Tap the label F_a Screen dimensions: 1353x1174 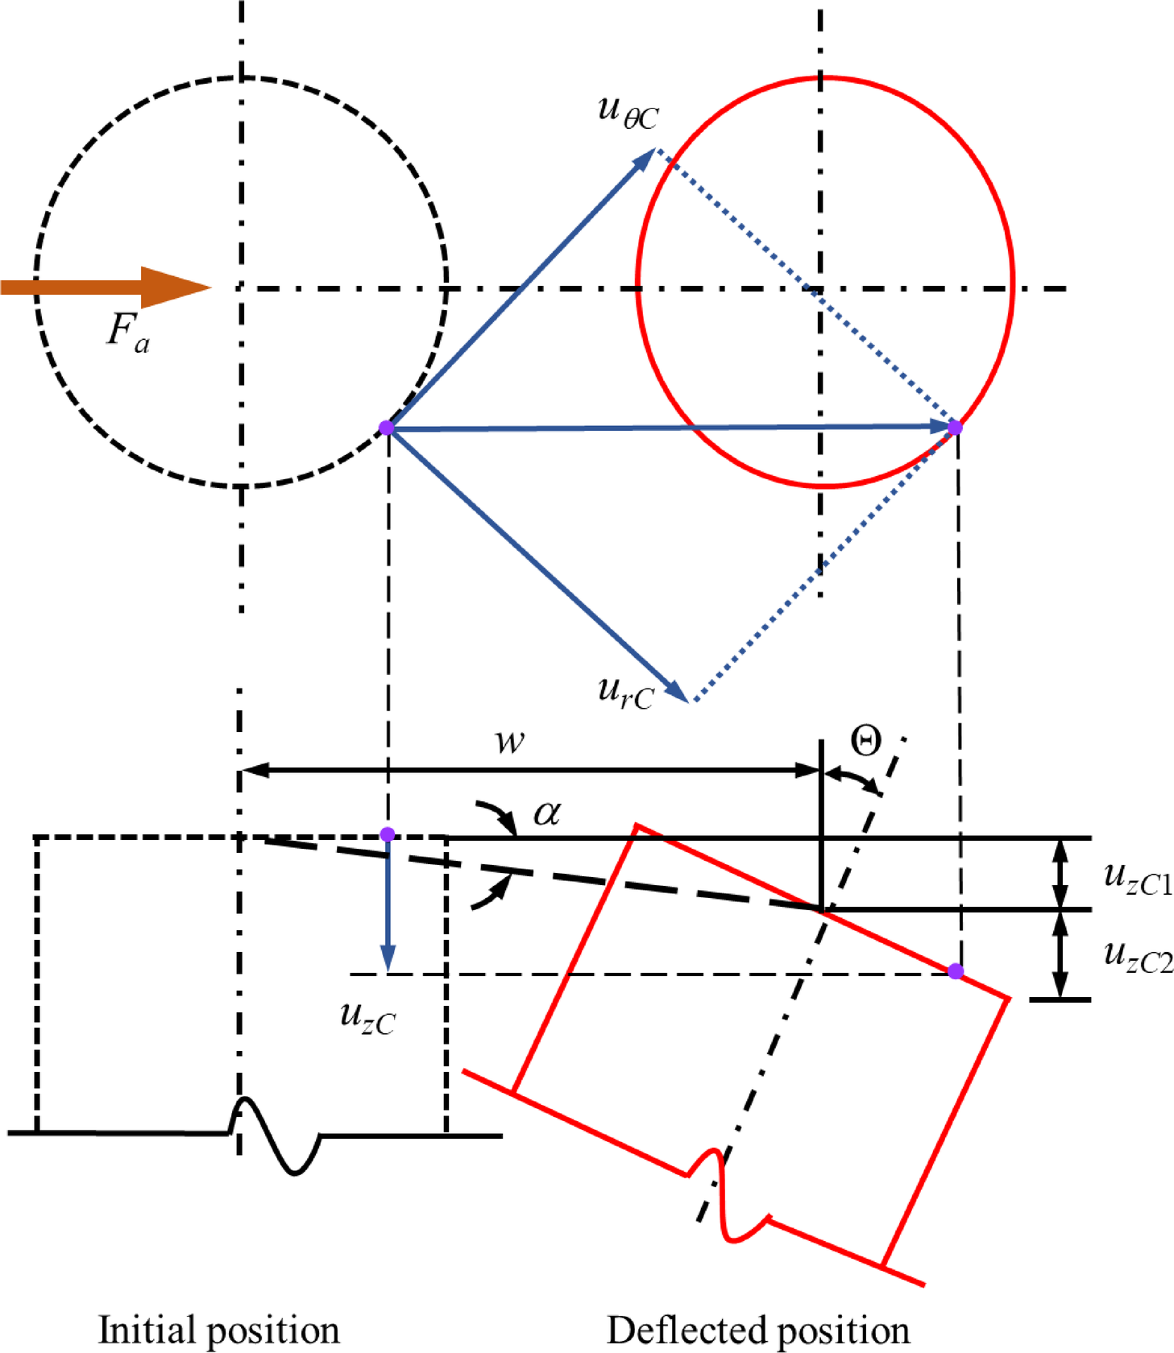tap(128, 332)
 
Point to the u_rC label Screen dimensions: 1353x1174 tap(625, 693)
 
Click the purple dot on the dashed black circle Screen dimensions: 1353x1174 tap(387, 428)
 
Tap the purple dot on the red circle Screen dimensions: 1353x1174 tap(955, 427)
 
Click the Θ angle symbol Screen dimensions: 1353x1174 tap(866, 741)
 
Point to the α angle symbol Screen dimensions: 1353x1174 tap(547, 813)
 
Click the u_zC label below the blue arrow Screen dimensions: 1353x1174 tap(367, 1018)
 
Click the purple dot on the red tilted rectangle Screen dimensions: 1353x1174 tap(956, 971)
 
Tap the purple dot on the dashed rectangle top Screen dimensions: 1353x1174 tap(388, 834)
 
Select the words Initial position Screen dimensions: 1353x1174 tap(218, 1329)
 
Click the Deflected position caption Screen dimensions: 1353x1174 tap(758, 1329)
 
